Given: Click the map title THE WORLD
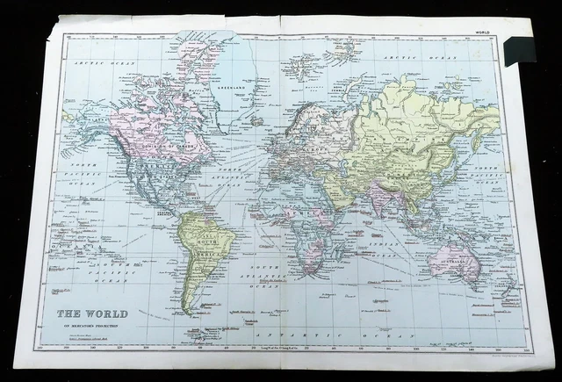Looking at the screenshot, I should tap(92, 314).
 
